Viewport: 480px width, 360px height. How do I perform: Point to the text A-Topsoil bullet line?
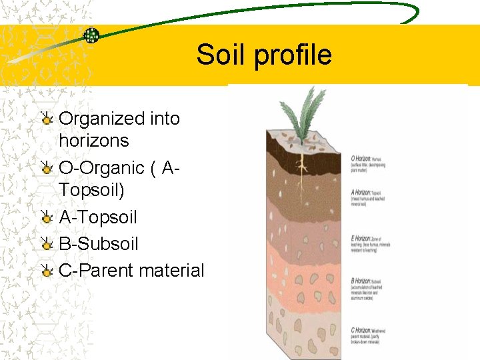pos(98,217)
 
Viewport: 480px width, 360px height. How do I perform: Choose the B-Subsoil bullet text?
pos(99,244)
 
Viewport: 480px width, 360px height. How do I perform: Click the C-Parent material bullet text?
pos(131,271)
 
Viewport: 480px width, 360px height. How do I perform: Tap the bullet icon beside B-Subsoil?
pos(47,244)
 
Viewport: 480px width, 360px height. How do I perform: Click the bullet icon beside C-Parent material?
pos(47,271)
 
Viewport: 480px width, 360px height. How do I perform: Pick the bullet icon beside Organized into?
pos(47,119)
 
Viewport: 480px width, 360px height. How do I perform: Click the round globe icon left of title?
pos(91,35)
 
